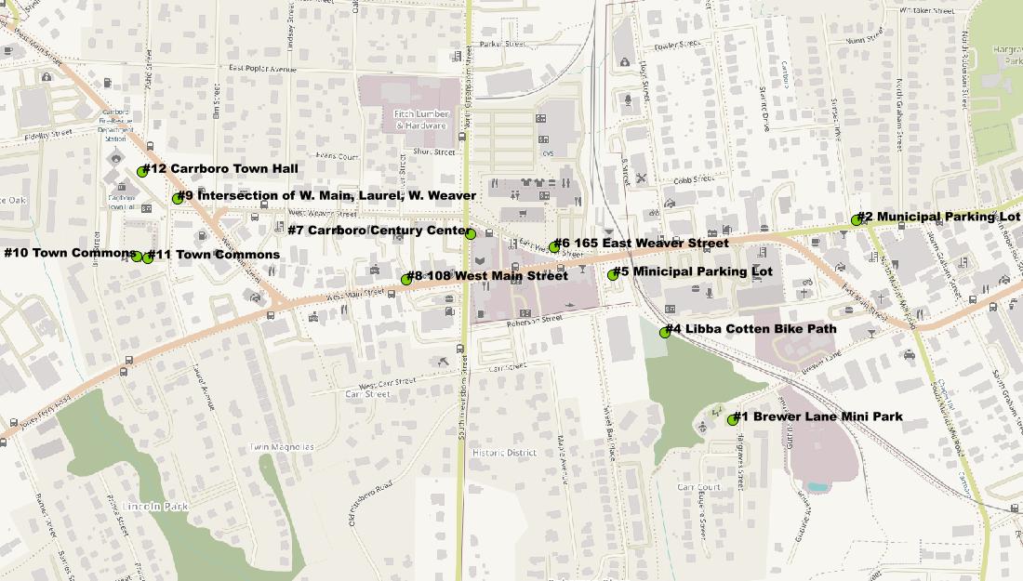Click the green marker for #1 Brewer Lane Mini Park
tap(733, 420)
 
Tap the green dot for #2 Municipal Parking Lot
tap(857, 220)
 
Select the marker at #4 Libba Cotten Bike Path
tap(665, 332)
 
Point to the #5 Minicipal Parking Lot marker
tap(613, 274)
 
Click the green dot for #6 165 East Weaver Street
tap(554, 246)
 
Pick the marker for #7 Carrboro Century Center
tap(471, 234)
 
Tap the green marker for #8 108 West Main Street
tap(406, 279)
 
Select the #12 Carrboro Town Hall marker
tap(142, 171)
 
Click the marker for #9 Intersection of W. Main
tap(178, 198)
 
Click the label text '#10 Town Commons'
tap(70, 253)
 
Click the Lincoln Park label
tap(155, 507)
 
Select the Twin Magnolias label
tap(282, 447)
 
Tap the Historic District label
tap(503, 453)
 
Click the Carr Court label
tap(698, 487)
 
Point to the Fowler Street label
tap(676, 45)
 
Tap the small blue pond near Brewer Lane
tap(816, 486)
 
